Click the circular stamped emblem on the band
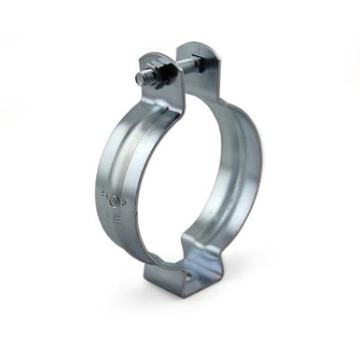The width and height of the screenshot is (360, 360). tap(114, 201)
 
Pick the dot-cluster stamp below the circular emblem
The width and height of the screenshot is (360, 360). tap(117, 220)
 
